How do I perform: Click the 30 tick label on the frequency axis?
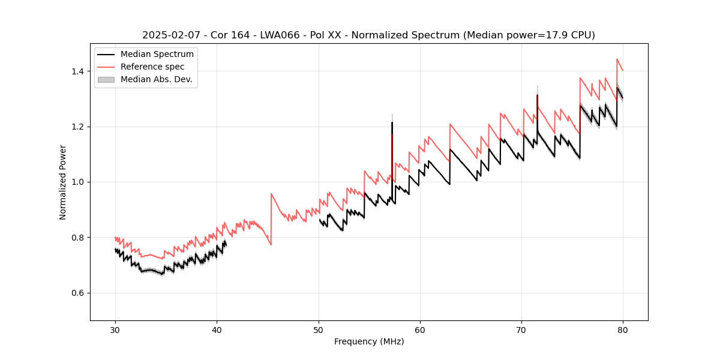coord(115,329)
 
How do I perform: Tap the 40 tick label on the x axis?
coord(217,329)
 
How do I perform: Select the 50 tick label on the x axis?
coord(319,329)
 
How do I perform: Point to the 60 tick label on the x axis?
coord(420,329)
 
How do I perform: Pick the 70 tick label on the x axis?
coord(521,329)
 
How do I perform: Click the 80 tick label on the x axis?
coord(623,329)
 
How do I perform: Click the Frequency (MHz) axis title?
coord(369,341)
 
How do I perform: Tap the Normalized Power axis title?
coord(63,182)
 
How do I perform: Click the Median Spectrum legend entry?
coord(157,55)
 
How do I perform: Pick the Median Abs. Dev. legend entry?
coord(156,79)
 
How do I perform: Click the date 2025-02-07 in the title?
coord(170,35)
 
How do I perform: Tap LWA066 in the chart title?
coord(280,35)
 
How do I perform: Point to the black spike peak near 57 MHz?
coord(392,122)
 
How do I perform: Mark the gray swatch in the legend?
coord(106,79)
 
